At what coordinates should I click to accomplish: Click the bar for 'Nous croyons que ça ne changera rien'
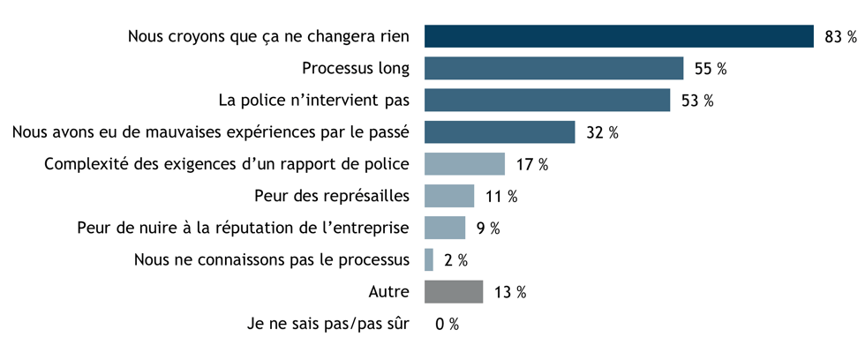[x=618, y=36]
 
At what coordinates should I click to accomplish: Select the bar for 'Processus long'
[x=553, y=68]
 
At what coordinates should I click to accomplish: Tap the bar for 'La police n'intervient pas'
[x=547, y=100]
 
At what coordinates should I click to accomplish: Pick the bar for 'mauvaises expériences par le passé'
[x=500, y=132]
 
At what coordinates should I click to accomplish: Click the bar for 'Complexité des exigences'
[x=464, y=164]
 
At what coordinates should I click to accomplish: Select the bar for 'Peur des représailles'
[x=449, y=196]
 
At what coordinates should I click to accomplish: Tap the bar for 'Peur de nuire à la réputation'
[x=445, y=228]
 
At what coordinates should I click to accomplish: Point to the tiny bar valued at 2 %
[x=429, y=259]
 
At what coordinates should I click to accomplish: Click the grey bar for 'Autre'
[x=454, y=291]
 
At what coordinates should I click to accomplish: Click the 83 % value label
[x=840, y=37]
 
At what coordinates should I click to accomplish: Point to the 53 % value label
[x=697, y=101]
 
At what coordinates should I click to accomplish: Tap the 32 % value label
[x=602, y=133]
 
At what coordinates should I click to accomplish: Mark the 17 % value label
[x=532, y=165]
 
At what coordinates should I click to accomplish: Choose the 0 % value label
[x=447, y=325]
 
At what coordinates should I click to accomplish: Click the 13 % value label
[x=510, y=292]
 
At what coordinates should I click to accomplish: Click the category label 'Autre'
[x=388, y=291]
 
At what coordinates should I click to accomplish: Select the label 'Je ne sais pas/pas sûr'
[x=328, y=324]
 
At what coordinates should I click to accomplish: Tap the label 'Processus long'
[x=356, y=68]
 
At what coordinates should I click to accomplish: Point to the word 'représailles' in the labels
[x=367, y=196]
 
